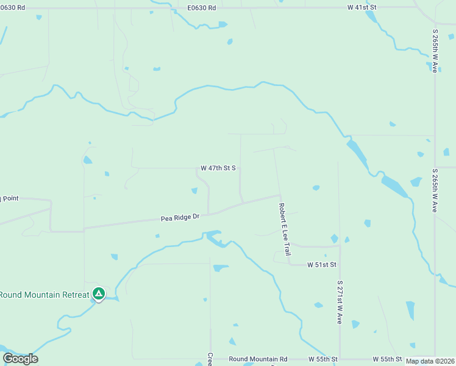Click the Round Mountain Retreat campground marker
pos(98,294)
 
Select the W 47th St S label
pos(218,168)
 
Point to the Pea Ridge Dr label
pos(180,217)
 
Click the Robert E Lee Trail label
pos(285,230)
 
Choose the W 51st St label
pos(322,265)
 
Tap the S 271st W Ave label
pos(340,302)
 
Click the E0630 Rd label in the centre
pos(202,7)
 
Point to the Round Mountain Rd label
pos(258,359)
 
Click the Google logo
pos(20,359)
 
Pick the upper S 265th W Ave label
pos(435,53)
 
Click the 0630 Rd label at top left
pos(12,7)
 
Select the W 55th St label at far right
pos(387,359)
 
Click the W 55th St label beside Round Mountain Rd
pos(323,359)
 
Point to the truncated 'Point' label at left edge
pos(10,198)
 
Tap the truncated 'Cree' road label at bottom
pos(210,359)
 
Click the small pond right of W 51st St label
pos(347,240)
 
